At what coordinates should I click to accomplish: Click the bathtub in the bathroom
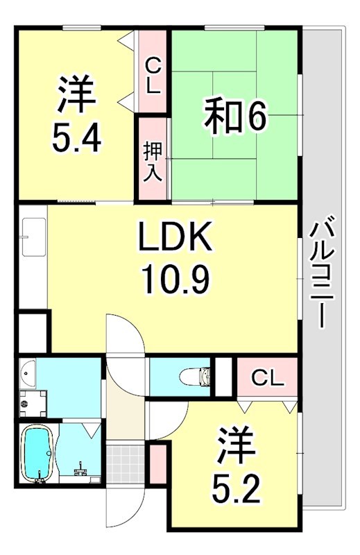[x=38, y=454]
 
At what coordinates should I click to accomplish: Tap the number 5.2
[x=235, y=490]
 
